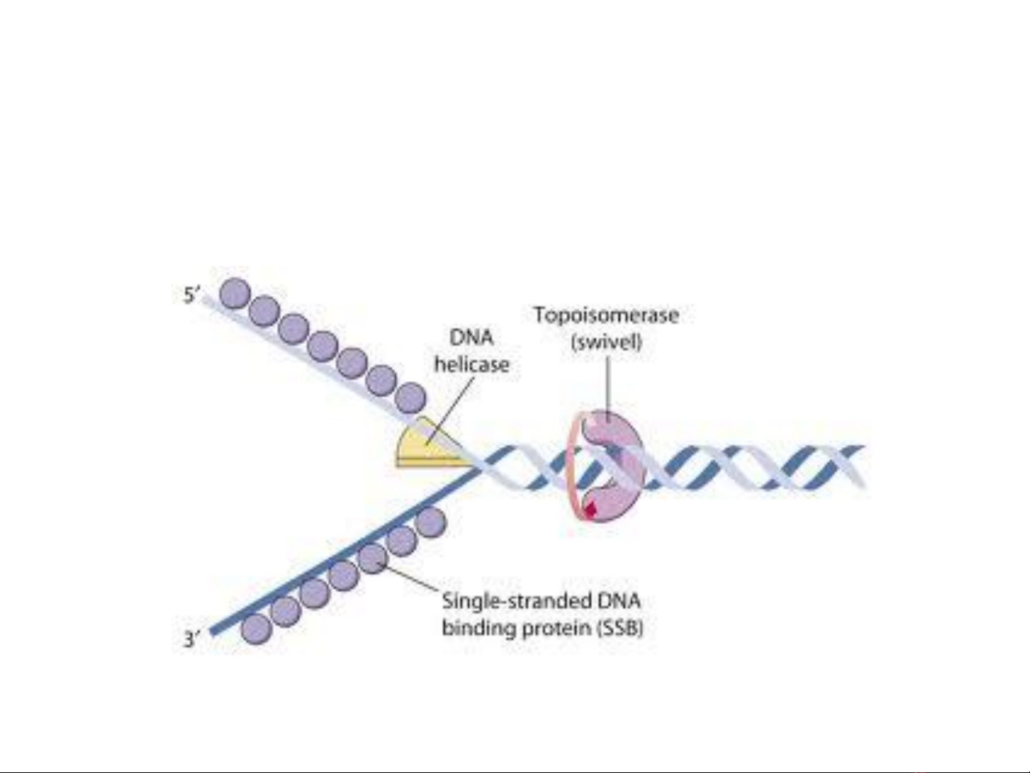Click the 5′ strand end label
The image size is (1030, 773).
191,295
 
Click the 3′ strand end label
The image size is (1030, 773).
191,638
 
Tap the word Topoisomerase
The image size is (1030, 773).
606,315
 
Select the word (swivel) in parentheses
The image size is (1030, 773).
606,342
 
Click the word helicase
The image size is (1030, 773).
472,365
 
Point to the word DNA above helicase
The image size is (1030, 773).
471,338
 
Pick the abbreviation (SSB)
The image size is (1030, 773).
619,629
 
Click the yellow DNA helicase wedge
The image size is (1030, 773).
422,448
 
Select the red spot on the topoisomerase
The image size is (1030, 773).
590,509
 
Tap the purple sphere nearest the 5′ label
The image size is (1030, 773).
234,293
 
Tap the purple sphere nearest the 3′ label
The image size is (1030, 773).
256,629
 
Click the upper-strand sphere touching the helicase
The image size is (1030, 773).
410,398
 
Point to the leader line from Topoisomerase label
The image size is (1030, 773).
608,386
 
